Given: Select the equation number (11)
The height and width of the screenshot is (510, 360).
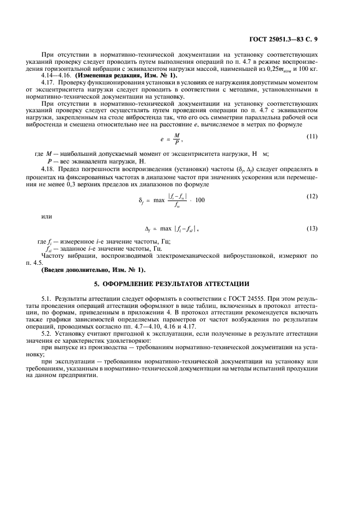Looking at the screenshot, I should [312, 136].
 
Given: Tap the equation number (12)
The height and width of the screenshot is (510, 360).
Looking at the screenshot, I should [312, 196].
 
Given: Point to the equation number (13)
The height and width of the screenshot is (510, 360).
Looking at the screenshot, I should [312, 228].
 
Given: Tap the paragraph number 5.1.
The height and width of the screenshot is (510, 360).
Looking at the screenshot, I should [47, 299].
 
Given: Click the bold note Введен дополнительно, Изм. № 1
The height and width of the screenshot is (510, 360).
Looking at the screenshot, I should [94, 270].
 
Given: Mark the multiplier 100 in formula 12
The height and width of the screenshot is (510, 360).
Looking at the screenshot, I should [200, 200].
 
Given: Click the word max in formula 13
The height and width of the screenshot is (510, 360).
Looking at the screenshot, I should [166, 229].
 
